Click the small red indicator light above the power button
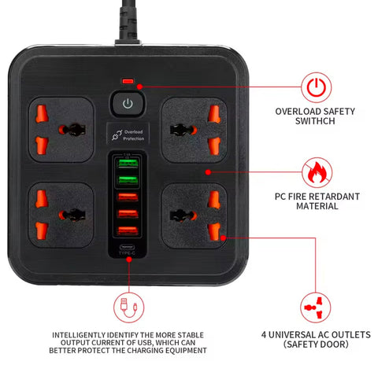point(128,82)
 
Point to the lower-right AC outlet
point(192,212)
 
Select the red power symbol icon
point(315,87)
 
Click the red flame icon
point(315,172)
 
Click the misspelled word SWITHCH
point(315,122)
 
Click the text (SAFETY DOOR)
point(315,344)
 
